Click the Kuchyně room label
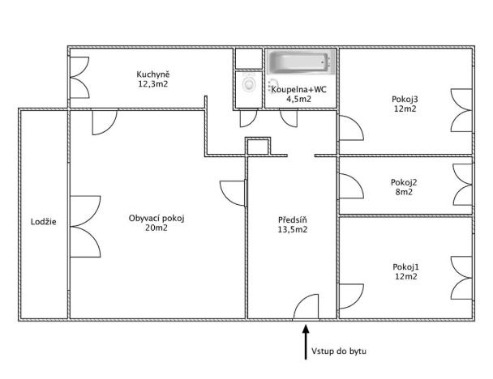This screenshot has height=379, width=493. point(152,75)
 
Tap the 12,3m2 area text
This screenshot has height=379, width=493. point(152,84)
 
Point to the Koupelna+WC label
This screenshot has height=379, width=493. point(299,90)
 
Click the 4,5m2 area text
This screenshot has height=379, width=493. point(299,100)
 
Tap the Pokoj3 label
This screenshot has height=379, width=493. point(405,99)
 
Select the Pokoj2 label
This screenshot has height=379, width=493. point(404,182)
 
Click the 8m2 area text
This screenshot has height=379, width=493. point(404,193)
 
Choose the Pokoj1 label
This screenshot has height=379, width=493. point(405,266)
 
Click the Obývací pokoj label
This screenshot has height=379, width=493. point(156,218)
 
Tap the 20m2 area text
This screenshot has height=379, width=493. point(156,228)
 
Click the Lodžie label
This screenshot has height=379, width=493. point(43,221)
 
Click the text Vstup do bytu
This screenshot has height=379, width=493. point(338,351)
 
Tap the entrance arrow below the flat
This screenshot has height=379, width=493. point(306,340)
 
